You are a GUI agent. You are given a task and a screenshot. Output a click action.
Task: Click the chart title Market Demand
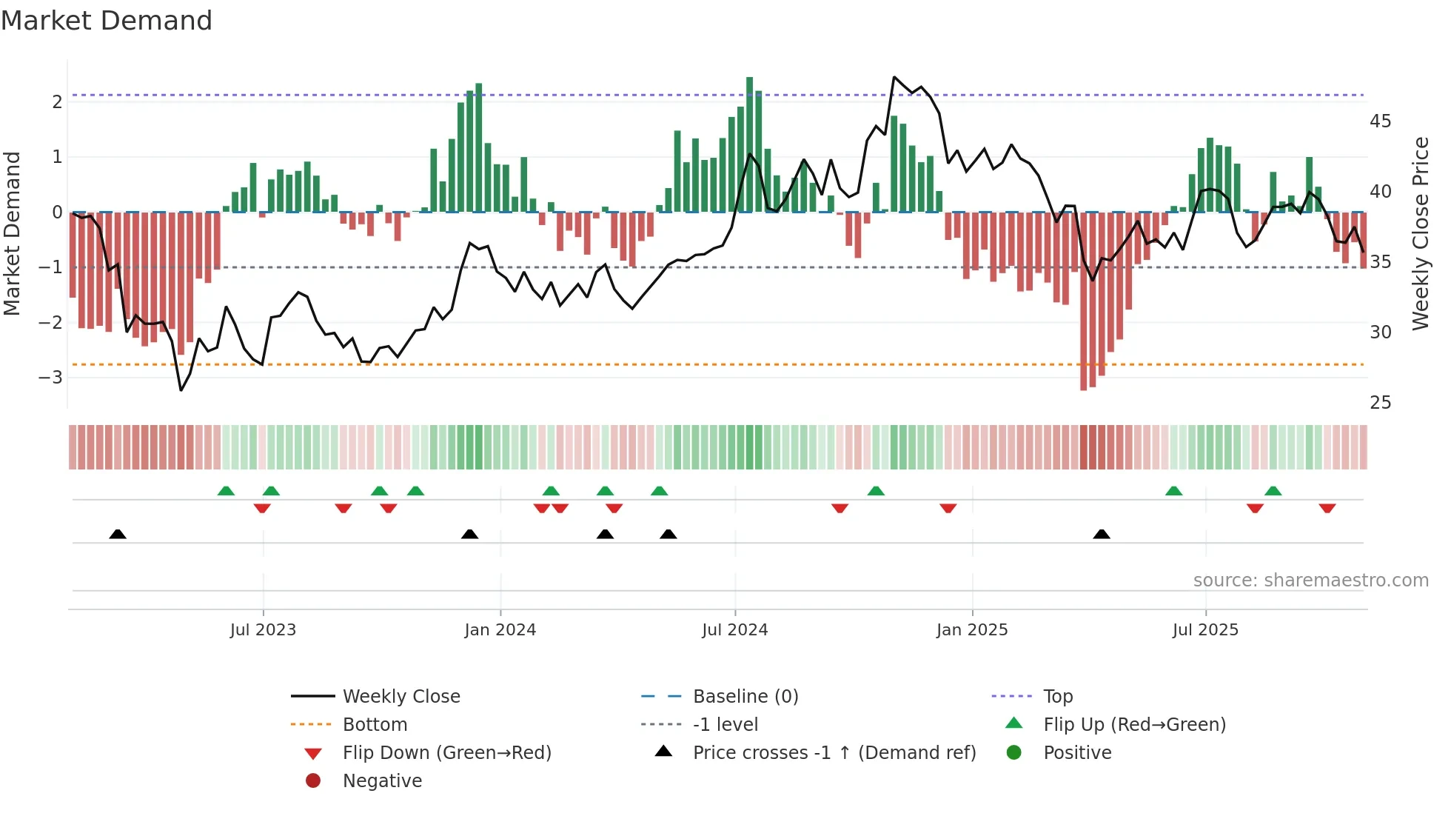tap(107, 21)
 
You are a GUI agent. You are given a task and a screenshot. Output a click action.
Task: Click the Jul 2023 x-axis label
tap(263, 630)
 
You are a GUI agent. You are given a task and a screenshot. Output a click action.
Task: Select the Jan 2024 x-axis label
tap(500, 630)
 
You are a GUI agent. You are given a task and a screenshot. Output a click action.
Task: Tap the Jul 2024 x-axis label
tap(734, 630)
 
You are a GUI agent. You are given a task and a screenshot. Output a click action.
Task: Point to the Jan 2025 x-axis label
tap(971, 630)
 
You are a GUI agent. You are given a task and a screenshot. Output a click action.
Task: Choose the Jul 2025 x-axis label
tap(1205, 630)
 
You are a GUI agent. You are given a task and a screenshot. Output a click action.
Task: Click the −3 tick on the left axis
tap(50, 378)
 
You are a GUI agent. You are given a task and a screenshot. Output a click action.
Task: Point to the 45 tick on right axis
tap(1380, 121)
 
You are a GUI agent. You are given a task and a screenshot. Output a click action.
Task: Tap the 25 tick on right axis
tap(1380, 403)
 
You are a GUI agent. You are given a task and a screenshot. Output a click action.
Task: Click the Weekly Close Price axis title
tap(1420, 233)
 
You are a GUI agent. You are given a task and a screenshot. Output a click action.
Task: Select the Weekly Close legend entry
tap(401, 697)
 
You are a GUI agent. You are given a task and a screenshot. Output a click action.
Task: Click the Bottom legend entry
tap(375, 725)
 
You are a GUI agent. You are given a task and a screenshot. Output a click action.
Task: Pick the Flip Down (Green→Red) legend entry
tap(446, 753)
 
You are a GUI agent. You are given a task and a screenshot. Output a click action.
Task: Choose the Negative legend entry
tap(382, 781)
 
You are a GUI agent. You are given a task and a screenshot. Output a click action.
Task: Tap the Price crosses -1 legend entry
tap(834, 753)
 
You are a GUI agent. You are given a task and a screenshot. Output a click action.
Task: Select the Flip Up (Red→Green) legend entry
tap(1134, 725)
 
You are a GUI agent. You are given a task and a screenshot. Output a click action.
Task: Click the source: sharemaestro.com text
tap(1310, 581)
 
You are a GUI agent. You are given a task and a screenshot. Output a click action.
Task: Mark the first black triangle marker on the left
tap(118, 534)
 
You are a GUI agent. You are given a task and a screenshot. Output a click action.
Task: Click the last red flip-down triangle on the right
tap(1327, 508)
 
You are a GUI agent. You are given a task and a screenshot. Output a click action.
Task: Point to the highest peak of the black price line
tap(894, 77)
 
